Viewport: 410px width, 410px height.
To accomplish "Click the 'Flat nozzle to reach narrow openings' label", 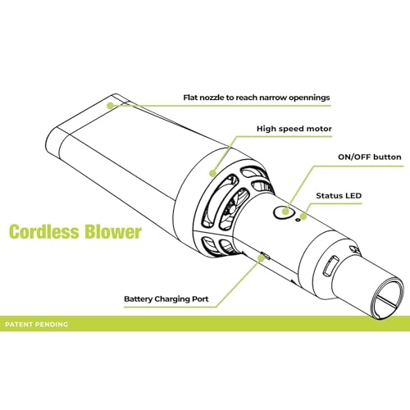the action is click(257, 98).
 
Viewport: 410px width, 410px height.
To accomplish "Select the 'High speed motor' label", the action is click(294, 129).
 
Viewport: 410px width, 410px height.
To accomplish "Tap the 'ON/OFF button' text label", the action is click(370, 157).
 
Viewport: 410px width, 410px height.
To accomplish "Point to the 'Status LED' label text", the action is click(339, 196).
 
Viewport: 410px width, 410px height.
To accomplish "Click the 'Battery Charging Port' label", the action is click(166, 299).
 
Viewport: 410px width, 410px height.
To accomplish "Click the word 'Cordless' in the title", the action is click(43, 232).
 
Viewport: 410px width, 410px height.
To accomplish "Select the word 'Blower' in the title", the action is click(112, 232).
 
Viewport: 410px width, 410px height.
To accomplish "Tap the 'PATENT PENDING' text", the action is click(36, 325).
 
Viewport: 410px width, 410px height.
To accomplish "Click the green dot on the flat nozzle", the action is click(110, 106).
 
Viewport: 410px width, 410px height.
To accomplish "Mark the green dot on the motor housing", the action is click(212, 173).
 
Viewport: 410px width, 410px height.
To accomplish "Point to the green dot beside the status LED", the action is click(303, 216).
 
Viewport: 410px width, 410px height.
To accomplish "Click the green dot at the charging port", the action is click(262, 258).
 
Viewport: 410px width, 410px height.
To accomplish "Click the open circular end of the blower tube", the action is click(387, 298).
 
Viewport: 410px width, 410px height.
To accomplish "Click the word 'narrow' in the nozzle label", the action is click(273, 98).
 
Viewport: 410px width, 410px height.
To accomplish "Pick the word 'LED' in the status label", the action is click(353, 196).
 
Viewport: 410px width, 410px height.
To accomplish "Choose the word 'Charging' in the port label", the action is click(171, 299).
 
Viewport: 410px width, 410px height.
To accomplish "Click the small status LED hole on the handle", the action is click(298, 219).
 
